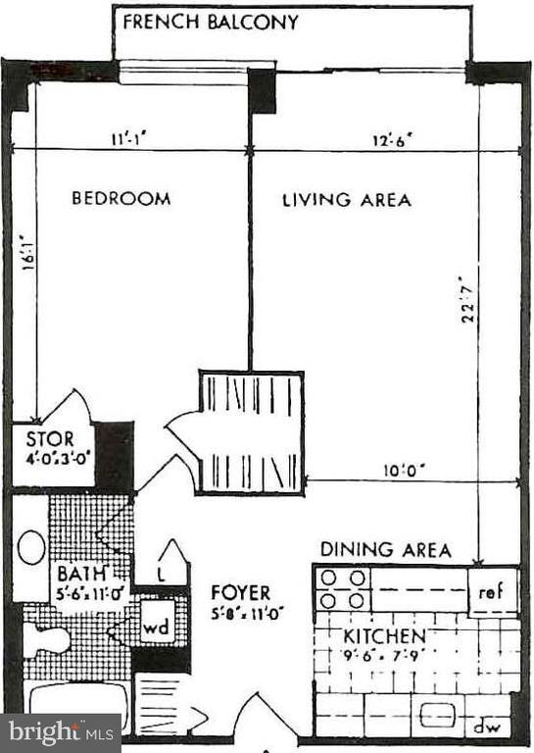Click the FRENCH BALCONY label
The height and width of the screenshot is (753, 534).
point(210,23)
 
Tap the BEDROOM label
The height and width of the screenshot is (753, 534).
point(121,199)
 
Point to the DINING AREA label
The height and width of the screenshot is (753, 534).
point(386,550)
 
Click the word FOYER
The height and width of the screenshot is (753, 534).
point(241,593)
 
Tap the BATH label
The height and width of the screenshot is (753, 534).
point(76,573)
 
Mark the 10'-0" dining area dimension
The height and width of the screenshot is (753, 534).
point(403,470)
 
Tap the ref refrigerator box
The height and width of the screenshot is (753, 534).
point(493,593)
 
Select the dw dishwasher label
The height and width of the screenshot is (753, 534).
point(485,729)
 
